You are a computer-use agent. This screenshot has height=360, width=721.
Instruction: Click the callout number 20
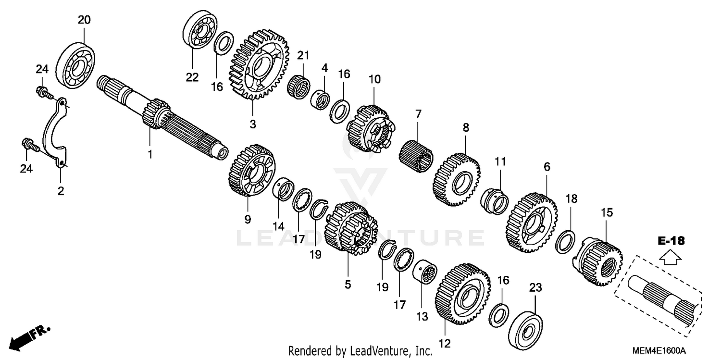[x=84, y=20]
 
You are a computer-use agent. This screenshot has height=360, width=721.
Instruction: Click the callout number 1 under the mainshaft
[x=149, y=154]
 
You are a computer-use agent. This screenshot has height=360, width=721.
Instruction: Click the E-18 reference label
[x=671, y=241]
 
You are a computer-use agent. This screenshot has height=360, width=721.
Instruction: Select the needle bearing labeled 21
[x=298, y=87]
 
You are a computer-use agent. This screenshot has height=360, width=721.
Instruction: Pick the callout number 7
[x=418, y=114]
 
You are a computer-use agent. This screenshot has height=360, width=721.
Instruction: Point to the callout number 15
[x=607, y=212]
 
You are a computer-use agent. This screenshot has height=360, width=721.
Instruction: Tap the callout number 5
[x=348, y=284]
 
